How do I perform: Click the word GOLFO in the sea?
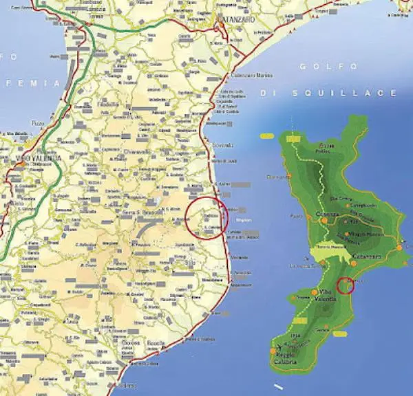tap(330, 67)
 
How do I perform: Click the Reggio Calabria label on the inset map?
tap(286, 358)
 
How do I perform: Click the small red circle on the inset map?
tap(346, 285)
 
